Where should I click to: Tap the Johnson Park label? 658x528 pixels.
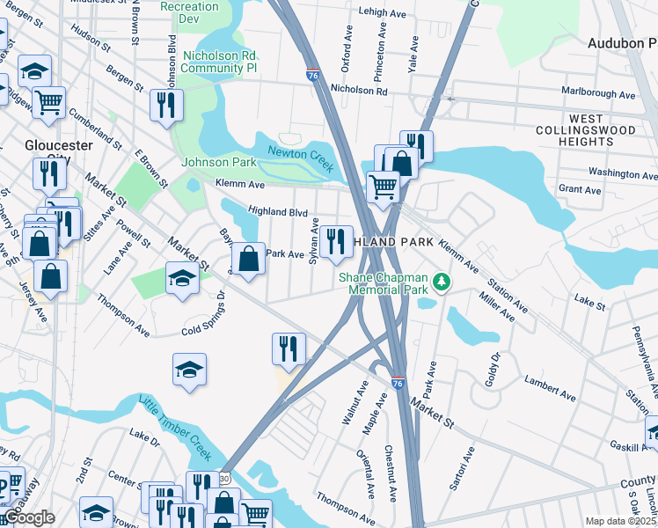(x=219, y=162)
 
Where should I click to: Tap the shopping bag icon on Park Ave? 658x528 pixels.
(x=249, y=259)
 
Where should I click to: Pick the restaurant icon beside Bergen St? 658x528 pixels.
(x=166, y=106)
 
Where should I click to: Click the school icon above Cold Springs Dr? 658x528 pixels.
(x=182, y=279)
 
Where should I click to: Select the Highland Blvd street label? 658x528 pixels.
(x=277, y=211)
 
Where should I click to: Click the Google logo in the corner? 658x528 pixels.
(x=30, y=517)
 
